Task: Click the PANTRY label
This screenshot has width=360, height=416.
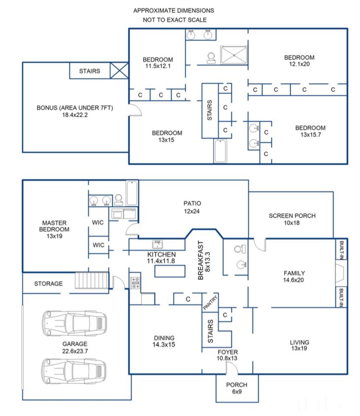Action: coord(210,302)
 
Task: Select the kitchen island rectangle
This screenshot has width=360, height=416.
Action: coord(170,271)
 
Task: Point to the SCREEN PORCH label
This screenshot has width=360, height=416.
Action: coord(292,216)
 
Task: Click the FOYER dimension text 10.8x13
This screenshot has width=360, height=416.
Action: coord(227,358)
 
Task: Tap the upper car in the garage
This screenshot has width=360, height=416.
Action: coord(74,323)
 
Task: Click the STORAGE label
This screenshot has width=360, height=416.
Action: coord(48,283)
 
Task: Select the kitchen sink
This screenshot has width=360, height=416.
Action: coord(157,244)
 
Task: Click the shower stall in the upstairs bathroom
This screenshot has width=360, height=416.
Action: coord(234,55)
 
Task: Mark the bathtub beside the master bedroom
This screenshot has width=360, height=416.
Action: coord(132,193)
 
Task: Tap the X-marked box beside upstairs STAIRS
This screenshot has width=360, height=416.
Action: coord(119,70)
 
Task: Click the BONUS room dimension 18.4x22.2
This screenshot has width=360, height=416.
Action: coord(75,115)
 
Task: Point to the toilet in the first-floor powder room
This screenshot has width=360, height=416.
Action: coord(240,249)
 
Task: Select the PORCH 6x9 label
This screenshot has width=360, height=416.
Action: coord(236,388)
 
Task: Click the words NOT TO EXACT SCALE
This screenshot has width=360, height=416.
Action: coord(175,20)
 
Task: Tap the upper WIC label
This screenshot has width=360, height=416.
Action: coord(98,223)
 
